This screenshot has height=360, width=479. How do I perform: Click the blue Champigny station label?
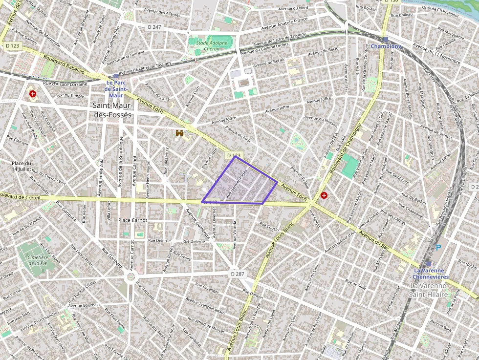(386, 46)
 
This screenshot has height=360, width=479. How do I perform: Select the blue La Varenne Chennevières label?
(428, 274)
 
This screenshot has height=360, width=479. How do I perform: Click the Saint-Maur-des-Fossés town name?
(112, 110)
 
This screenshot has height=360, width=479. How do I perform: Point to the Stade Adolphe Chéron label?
(212, 46)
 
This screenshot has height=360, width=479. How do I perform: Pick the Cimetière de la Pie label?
(38, 260)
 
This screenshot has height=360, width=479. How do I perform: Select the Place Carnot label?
(132, 220)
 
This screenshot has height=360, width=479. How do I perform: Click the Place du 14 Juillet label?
(22, 166)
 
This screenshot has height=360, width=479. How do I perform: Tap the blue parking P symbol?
(438, 248)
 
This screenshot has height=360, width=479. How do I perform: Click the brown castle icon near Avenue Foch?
(179, 132)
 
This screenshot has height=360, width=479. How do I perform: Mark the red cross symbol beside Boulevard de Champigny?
(324, 195)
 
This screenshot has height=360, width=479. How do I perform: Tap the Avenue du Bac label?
(376, 239)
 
